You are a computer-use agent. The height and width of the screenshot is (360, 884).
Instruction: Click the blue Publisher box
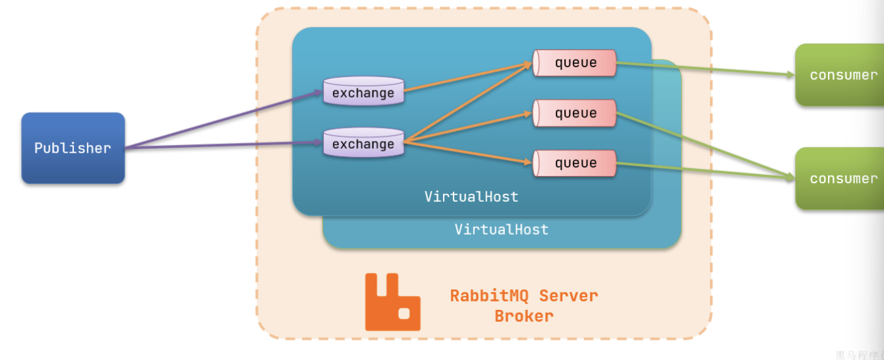[x=73, y=148]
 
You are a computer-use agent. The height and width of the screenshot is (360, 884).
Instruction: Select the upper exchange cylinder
[x=363, y=92]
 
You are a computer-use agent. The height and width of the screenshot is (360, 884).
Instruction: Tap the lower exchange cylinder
[x=363, y=143]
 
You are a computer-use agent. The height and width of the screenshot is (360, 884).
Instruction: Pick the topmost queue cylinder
[x=575, y=63]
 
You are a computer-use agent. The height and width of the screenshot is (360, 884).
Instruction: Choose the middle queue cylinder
[x=575, y=113]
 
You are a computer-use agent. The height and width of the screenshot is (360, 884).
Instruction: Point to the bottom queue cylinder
[x=575, y=163]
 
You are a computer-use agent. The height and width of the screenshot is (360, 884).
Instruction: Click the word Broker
[x=524, y=316]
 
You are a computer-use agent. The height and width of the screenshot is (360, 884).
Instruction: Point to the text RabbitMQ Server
[x=524, y=295]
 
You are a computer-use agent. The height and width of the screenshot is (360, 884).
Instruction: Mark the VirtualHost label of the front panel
[x=471, y=196]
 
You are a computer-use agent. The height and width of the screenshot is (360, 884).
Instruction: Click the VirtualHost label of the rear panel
[x=502, y=229]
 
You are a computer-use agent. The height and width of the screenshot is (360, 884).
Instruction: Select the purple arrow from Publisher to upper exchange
[x=224, y=120]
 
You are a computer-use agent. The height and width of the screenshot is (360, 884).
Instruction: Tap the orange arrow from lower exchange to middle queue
[x=468, y=127]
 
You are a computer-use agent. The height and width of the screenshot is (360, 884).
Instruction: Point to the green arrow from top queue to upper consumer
[x=705, y=69]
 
